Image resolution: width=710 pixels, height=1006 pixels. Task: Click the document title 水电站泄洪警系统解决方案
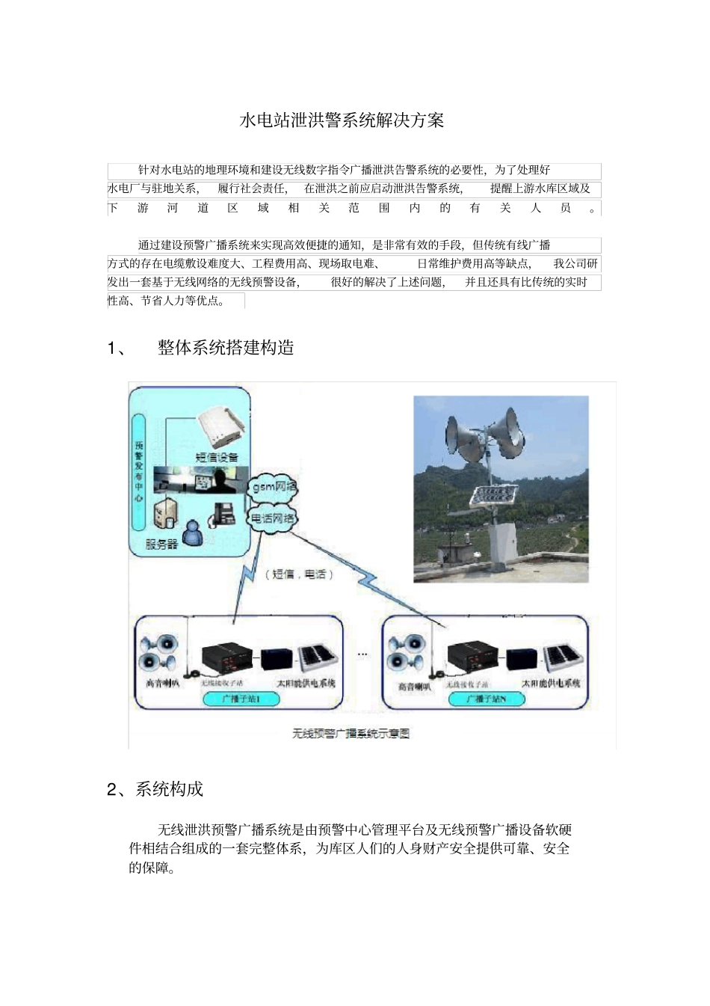point(342,120)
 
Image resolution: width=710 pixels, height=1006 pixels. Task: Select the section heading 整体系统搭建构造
point(226,348)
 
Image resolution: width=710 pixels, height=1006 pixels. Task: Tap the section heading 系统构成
point(169,789)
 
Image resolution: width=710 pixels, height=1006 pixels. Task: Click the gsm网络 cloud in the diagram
point(274,486)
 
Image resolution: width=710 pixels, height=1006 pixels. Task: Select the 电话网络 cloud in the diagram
point(272,518)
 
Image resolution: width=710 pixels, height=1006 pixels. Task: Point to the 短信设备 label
point(217,457)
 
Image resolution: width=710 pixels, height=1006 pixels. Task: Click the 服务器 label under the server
point(161,544)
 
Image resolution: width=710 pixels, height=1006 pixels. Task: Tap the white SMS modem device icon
point(221,429)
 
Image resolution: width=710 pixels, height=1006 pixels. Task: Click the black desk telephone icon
point(223,512)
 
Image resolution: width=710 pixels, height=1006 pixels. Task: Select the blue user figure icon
point(193,532)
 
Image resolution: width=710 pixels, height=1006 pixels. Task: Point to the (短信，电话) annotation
point(299,574)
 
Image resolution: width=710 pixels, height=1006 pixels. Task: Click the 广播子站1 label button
point(241,699)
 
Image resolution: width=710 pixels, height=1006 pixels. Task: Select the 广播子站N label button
point(486,699)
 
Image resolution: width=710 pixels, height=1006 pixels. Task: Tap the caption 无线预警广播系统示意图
point(351,733)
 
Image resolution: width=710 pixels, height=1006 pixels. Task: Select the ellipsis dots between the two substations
point(362,654)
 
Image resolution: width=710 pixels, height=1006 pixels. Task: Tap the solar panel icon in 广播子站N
point(563,657)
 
